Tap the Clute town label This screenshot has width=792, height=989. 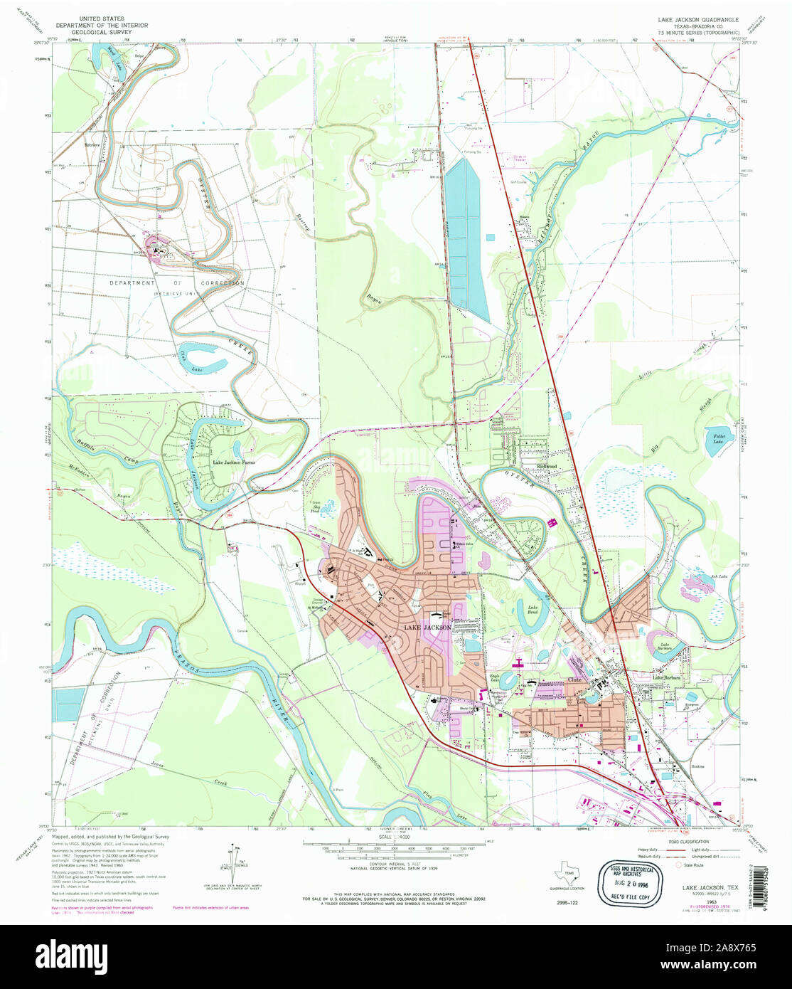[575, 679]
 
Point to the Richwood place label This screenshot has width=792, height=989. [546, 466]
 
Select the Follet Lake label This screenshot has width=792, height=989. [715, 439]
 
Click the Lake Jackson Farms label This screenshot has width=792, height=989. [234, 462]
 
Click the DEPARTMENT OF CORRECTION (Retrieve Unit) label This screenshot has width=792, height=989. [176, 283]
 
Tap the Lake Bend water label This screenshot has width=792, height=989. [532, 610]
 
